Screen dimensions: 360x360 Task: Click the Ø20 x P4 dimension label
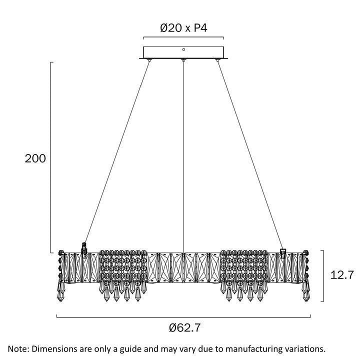pyautogui.click(x=183, y=28)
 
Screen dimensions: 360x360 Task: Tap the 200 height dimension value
pyautogui.click(x=35, y=158)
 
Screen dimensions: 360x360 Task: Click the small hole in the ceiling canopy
pyautogui.click(x=183, y=49)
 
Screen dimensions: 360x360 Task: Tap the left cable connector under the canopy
pyautogui.click(x=149, y=60)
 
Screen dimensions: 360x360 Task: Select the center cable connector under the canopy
pyautogui.click(x=183, y=60)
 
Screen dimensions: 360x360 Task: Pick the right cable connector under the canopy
pyautogui.click(x=217, y=60)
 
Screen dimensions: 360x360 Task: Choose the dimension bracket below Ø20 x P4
pyautogui.click(x=183, y=37)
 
